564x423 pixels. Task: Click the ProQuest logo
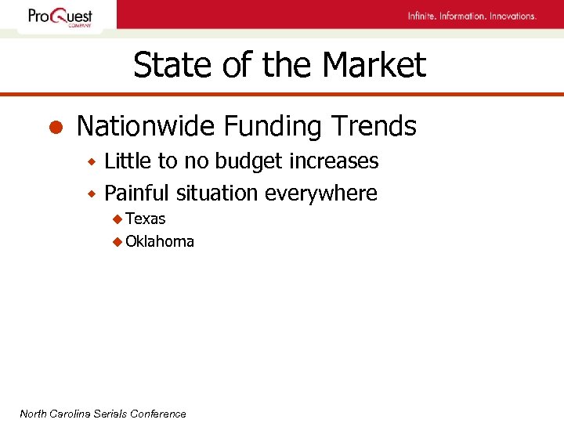point(60,16)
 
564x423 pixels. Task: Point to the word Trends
point(374,125)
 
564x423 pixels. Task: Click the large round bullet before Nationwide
point(56,127)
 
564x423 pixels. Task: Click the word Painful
point(138,193)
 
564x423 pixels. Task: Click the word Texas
point(146,219)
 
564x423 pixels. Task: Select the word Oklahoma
point(160,241)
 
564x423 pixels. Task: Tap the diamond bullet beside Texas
point(117,219)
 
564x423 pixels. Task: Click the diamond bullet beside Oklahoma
point(117,242)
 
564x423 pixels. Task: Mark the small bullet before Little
point(91,162)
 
